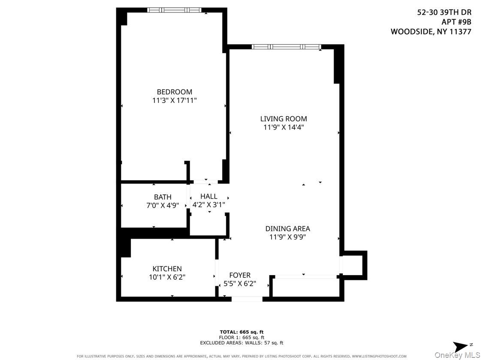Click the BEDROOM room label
click(x=174, y=92)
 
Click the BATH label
click(x=163, y=197)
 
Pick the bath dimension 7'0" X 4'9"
click(x=163, y=206)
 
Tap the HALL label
click(x=208, y=197)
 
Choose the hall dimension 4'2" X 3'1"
click(x=208, y=205)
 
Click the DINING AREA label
click(x=287, y=229)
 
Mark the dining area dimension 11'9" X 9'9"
click(x=287, y=237)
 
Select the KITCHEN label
click(x=167, y=269)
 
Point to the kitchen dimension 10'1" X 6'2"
click(x=167, y=277)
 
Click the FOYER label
click(x=240, y=275)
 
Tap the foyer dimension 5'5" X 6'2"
click(x=240, y=284)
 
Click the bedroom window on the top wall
click(x=174, y=10)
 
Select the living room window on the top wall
click(x=286, y=47)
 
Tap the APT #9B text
click(x=456, y=22)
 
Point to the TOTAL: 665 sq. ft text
click(x=241, y=332)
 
